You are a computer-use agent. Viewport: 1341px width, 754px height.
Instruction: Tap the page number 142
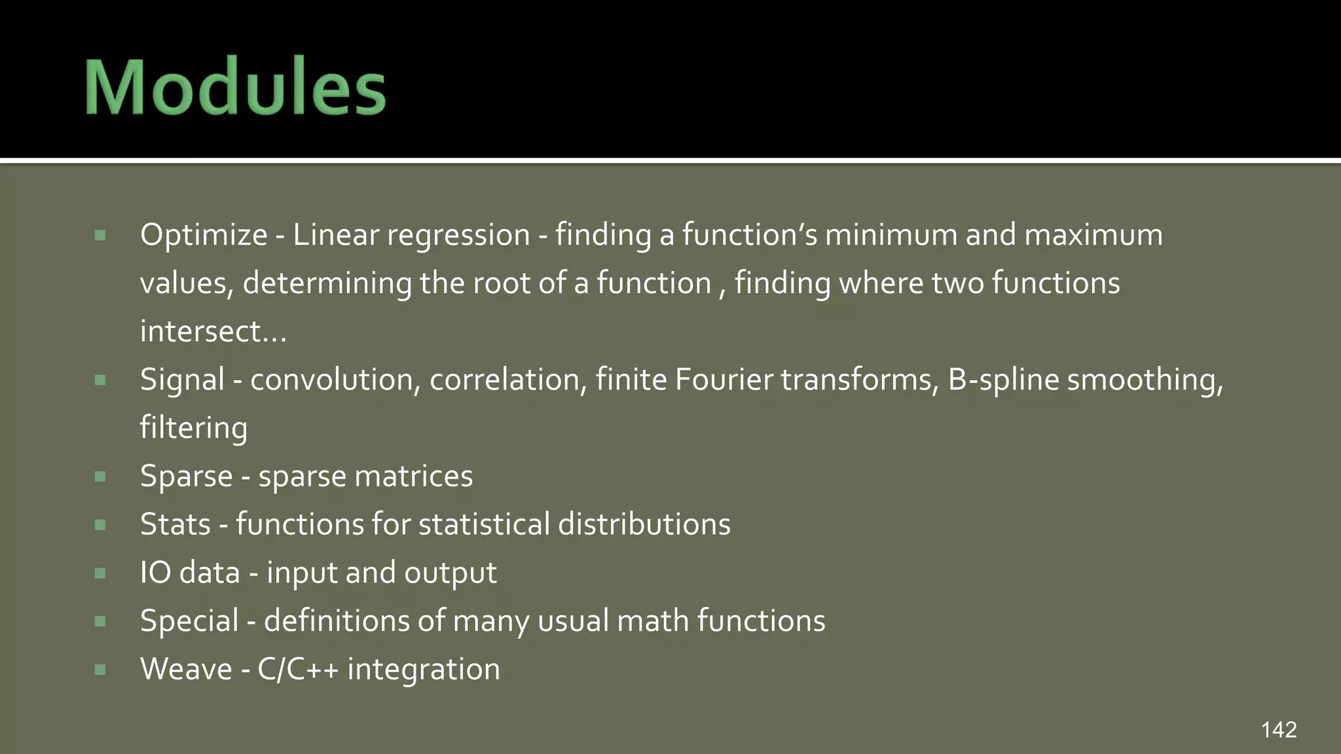[x=1278, y=730]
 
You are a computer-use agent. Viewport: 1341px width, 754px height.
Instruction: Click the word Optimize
[x=204, y=235]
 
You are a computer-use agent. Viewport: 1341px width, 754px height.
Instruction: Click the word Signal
[x=182, y=380]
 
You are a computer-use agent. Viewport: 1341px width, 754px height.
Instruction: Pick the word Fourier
[x=724, y=380]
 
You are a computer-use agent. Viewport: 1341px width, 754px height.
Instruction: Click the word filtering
[x=194, y=428]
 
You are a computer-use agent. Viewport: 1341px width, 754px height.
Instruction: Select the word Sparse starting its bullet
[x=186, y=476]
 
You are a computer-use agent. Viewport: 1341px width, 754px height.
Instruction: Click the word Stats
[x=175, y=524]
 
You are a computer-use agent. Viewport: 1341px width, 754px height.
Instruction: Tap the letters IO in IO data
[x=155, y=573]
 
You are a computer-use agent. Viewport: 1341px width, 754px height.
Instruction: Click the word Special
[x=189, y=620]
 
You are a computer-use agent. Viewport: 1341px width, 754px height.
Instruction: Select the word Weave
[x=186, y=669]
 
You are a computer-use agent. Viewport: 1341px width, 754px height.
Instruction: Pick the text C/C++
[x=298, y=669]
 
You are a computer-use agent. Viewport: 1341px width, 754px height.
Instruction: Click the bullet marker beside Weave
[x=100, y=670]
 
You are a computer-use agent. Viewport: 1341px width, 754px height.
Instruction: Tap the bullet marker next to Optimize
[x=100, y=236]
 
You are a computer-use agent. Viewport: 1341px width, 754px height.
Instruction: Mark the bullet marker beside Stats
[x=100, y=525]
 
